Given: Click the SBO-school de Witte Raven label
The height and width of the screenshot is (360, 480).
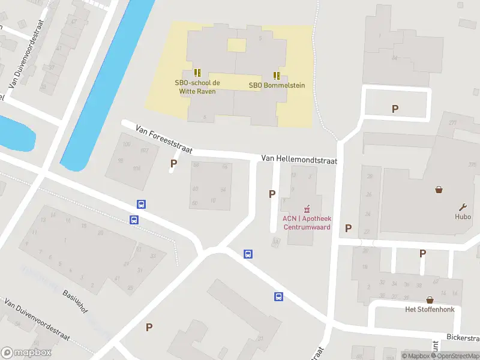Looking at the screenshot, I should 197,87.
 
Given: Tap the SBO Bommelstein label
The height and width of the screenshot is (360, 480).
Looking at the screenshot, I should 277,85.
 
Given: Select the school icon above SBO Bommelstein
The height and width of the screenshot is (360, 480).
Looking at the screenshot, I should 277,76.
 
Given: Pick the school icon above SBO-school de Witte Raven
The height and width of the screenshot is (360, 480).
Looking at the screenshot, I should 197,73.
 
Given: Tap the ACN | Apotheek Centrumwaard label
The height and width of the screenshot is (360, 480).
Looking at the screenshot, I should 307,223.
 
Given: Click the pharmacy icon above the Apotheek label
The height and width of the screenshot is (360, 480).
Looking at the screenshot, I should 307,209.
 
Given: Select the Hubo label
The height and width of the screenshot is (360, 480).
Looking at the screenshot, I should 463,217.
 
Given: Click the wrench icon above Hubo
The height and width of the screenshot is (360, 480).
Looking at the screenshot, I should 463,206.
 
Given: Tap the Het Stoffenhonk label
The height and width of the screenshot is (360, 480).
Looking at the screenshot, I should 430,310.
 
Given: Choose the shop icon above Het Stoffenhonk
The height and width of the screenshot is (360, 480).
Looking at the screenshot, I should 430,299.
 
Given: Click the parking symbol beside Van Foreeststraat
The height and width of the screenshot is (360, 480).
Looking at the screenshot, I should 174,163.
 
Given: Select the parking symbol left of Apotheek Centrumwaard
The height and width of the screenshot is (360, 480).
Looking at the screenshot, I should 272,194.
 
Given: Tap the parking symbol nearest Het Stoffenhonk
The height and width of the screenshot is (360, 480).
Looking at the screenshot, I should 422,254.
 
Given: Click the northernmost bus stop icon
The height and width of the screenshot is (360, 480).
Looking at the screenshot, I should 141,204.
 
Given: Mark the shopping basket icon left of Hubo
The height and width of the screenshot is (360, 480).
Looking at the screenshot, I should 439,190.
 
